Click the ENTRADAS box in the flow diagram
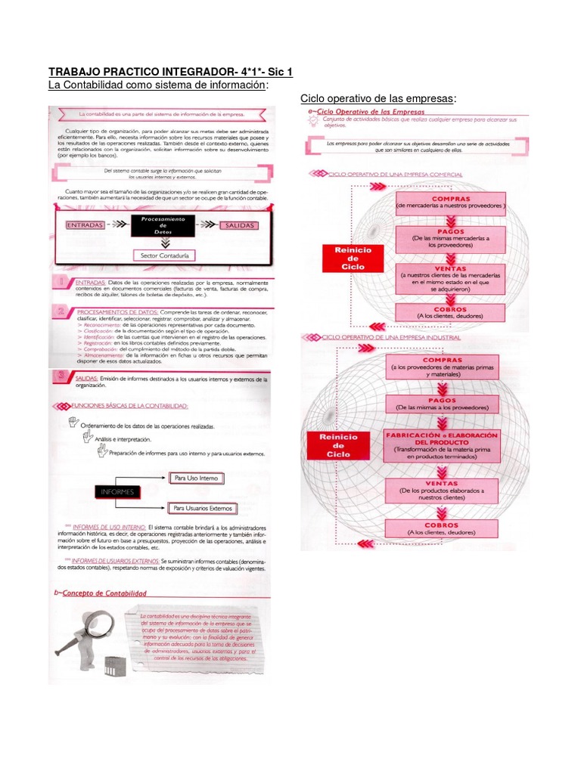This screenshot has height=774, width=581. [x=85, y=225]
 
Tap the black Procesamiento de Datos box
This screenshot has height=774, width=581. [x=163, y=225]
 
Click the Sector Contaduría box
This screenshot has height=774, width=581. [x=163, y=255]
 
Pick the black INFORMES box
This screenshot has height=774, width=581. [x=115, y=491]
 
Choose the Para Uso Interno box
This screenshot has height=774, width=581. [x=196, y=478]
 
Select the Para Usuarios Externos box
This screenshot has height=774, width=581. [x=202, y=508]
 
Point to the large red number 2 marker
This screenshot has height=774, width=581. [x=61, y=314]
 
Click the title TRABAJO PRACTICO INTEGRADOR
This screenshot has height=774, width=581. [x=170, y=73]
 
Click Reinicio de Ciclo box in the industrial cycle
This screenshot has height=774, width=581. [x=338, y=444]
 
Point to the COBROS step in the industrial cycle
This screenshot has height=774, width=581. [x=442, y=528]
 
